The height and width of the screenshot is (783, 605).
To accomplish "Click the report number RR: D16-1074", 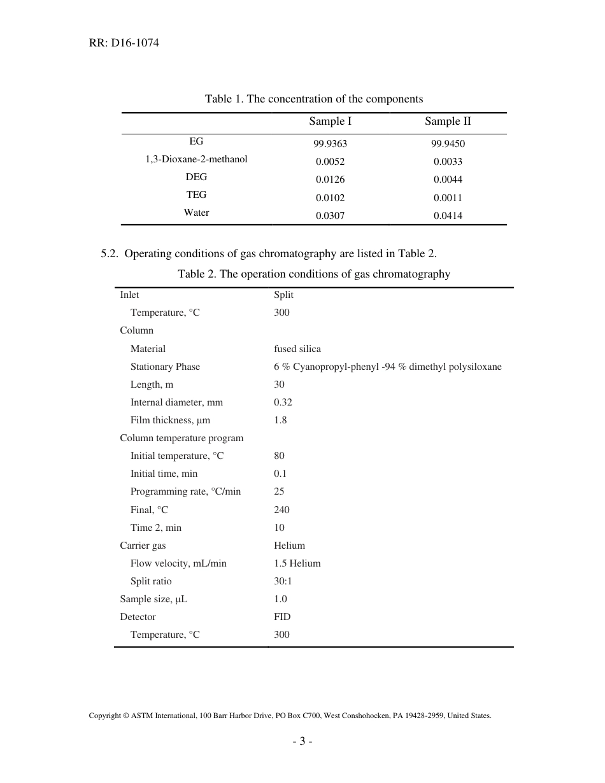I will (124, 43).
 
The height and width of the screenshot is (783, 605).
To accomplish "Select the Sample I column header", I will (330, 122).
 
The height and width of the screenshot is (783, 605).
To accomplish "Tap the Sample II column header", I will (448, 122).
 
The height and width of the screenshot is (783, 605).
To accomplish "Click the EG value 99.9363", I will (330, 144).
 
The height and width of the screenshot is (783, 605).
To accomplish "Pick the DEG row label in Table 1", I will (196, 177).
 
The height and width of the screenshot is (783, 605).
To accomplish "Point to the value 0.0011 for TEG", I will (448, 198).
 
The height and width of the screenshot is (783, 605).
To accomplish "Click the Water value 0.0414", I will (448, 216).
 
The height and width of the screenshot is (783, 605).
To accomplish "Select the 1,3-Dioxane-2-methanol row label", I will (196, 159).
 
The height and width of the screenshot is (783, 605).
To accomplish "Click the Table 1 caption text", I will (313, 99).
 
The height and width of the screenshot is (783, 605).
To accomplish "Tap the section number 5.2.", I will (110, 253).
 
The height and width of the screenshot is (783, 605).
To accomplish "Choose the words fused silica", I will (297, 349).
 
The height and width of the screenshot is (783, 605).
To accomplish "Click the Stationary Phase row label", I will (165, 367).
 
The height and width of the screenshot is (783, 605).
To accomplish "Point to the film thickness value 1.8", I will (280, 420).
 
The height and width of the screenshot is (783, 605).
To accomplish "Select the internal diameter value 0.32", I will (283, 402).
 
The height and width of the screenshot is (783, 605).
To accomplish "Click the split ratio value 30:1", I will (283, 581).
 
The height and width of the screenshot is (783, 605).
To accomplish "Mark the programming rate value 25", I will (279, 491).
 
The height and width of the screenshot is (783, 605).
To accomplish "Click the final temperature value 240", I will (281, 510).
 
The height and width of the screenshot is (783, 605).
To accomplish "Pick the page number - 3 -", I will (302, 742).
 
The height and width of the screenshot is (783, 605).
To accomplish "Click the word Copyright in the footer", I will (105, 716).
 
